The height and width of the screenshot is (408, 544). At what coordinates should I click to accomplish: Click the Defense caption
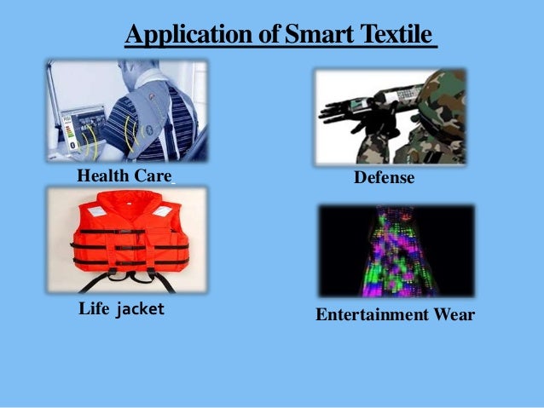click(x=384, y=178)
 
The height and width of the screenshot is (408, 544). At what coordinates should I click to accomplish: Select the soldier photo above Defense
click(x=390, y=116)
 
